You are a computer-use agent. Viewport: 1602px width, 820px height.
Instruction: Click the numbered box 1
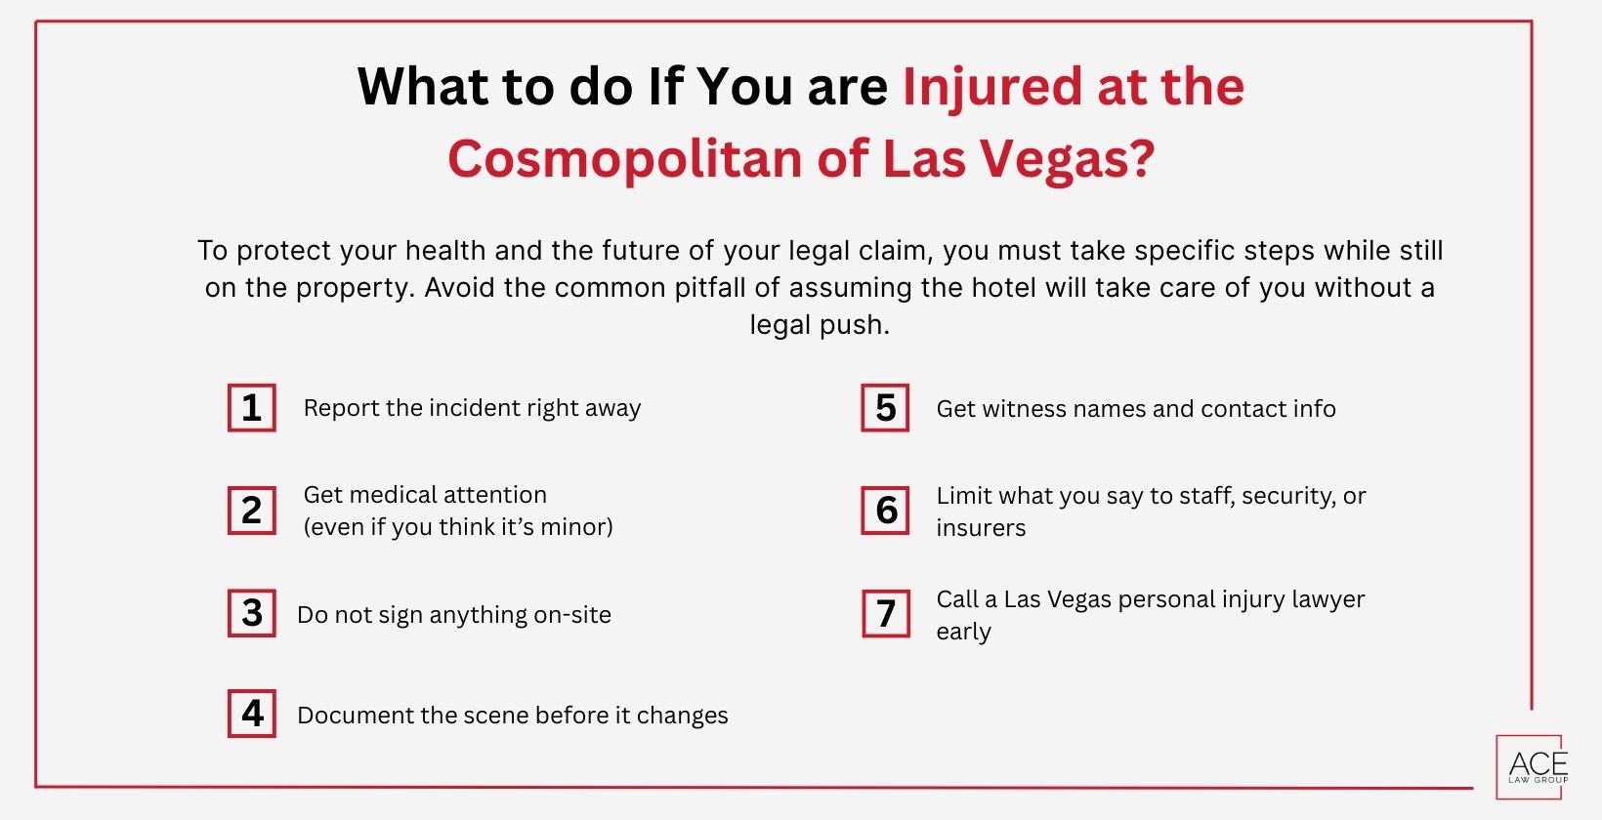pos(251,408)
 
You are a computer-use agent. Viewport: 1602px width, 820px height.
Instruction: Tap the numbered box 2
pos(251,511)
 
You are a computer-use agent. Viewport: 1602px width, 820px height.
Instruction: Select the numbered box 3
pos(251,613)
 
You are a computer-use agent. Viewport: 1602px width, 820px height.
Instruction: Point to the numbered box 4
pos(251,714)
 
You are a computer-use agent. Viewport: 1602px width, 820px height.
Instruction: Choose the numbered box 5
pos(885,408)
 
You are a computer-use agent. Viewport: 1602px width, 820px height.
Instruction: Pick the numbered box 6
pos(885,511)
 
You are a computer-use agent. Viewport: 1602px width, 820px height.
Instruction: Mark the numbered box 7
pos(885,613)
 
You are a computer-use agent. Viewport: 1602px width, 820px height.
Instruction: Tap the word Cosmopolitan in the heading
pos(625,159)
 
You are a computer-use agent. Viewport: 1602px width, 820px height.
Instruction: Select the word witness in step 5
pos(1028,409)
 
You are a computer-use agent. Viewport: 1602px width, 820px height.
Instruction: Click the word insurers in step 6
pos(981,528)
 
